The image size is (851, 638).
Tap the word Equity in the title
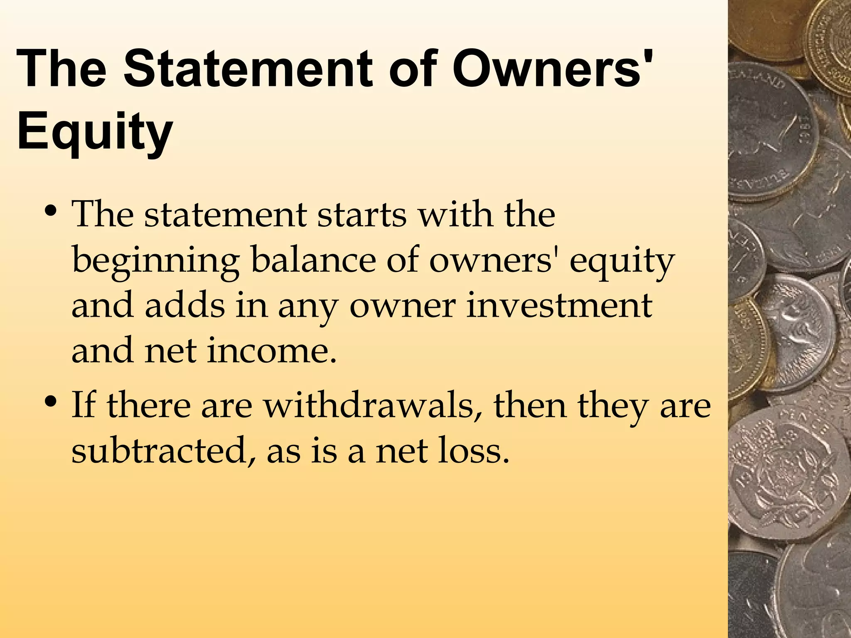(x=95, y=131)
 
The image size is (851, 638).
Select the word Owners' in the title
(x=553, y=69)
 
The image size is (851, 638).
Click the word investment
(x=559, y=305)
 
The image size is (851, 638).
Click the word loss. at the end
(x=474, y=451)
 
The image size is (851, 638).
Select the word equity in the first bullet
(x=621, y=262)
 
